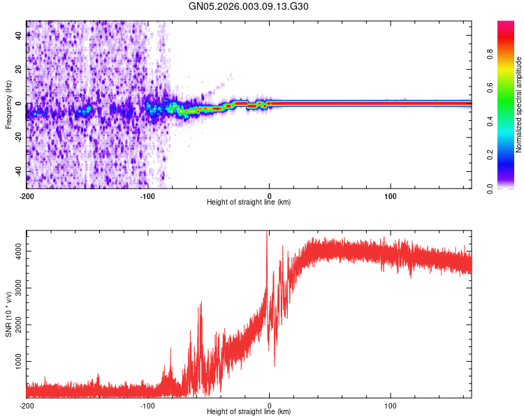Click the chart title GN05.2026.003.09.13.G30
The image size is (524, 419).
[249, 7]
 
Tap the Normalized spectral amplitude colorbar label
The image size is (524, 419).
[518, 105]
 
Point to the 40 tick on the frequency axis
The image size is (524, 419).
[19, 36]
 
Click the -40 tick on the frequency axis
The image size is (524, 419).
[17, 172]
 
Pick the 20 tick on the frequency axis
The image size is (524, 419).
[19, 70]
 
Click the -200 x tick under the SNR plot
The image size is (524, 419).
[27, 405]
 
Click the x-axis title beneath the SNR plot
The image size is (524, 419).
[249, 413]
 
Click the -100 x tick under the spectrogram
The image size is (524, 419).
[147, 195]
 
